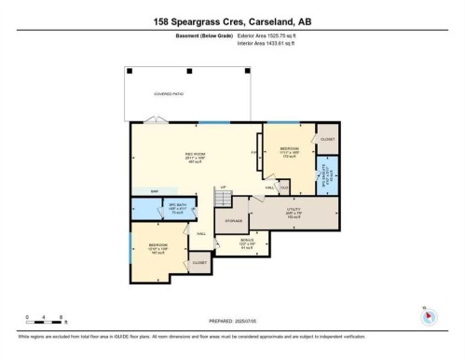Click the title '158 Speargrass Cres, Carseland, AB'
(x=232, y=19)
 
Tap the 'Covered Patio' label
(x=154, y=94)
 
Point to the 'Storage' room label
(x=234, y=221)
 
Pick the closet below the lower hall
(x=200, y=264)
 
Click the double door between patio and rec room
(x=152, y=119)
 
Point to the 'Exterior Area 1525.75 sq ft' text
(x=271, y=35)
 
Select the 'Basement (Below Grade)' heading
(x=204, y=35)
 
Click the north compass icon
(x=428, y=315)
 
